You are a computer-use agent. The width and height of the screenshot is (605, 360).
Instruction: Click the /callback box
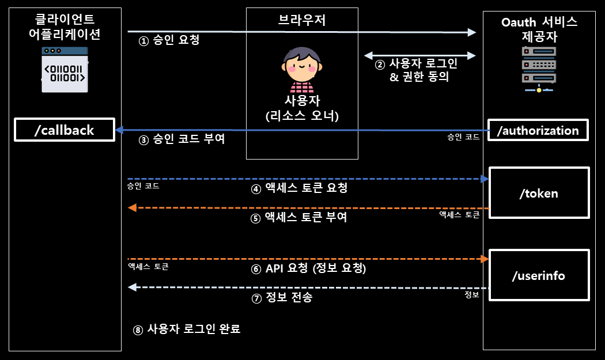[64, 130]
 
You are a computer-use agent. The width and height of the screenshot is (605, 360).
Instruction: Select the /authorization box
[538, 130]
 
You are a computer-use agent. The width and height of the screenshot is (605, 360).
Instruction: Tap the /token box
[539, 193]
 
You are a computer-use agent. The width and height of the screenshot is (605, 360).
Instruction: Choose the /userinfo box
[539, 275]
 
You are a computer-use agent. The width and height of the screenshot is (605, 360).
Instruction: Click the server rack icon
[539, 70]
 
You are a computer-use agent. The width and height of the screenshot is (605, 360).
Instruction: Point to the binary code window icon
[65, 70]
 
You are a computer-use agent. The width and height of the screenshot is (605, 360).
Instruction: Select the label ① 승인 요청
[169, 41]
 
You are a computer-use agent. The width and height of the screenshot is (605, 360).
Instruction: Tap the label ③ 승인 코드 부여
[181, 140]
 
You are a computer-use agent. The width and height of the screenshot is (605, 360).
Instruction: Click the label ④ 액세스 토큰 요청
[299, 189]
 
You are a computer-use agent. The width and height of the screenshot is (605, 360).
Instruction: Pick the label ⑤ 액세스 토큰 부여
[299, 218]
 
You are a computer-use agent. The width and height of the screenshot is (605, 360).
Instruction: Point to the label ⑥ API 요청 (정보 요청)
[309, 268]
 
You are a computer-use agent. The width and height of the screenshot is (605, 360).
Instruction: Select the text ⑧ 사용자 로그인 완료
[187, 329]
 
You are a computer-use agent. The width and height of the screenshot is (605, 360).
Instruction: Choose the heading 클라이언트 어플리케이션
[65, 27]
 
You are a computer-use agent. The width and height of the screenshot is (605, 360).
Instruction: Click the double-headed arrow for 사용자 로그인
[419, 56]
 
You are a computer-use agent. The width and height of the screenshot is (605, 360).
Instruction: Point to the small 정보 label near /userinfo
[471, 295]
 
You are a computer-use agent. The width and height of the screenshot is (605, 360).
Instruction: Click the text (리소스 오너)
[302, 116]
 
